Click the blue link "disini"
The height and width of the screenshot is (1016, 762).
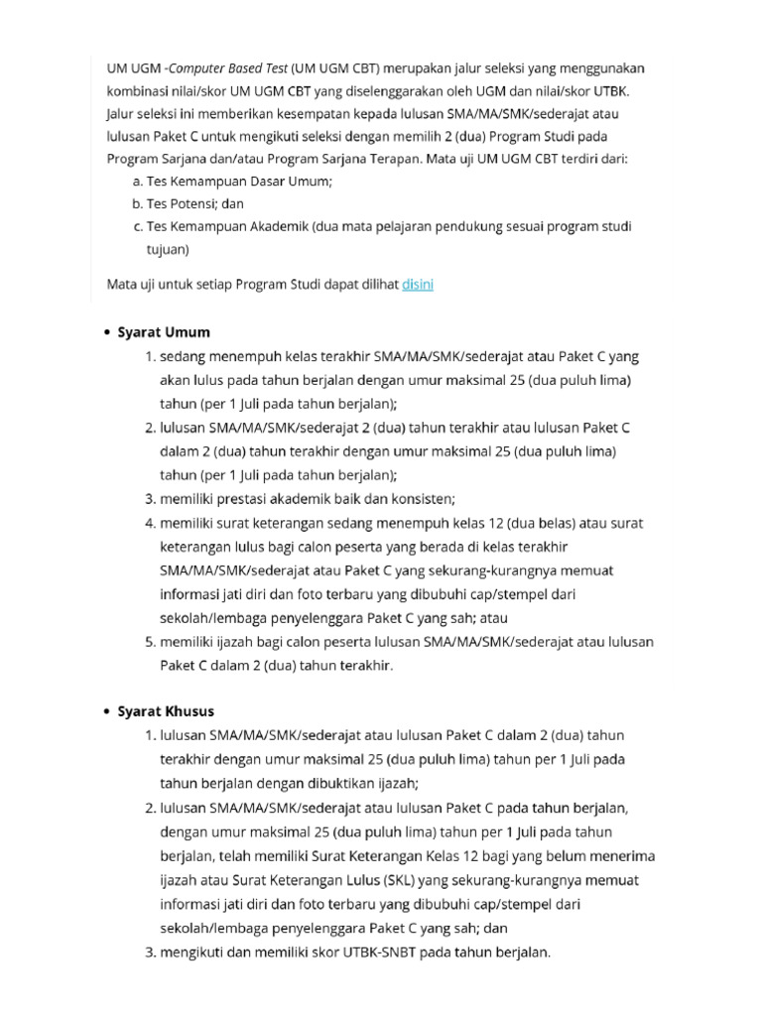(418, 285)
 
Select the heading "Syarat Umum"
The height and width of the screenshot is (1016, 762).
(164, 332)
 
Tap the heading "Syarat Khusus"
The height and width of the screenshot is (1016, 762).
(166, 711)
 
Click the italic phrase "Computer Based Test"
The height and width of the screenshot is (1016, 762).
(227, 68)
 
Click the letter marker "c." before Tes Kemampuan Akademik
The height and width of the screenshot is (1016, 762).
(137, 226)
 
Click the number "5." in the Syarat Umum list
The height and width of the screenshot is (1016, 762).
(150, 642)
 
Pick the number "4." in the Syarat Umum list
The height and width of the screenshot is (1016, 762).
(150, 523)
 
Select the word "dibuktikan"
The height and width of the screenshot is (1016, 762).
(338, 783)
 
